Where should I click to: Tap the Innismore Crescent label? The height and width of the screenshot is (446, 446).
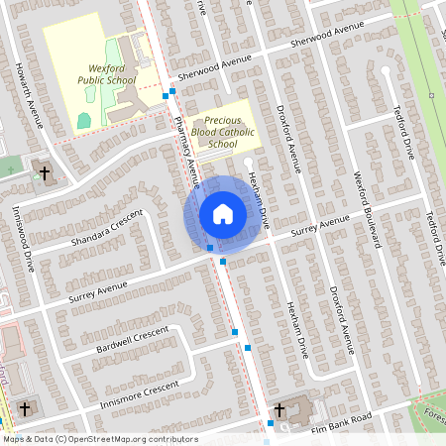(x=136, y=395)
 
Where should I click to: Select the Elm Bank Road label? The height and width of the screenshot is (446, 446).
(x=340, y=420)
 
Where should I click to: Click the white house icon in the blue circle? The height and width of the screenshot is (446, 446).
(x=223, y=213)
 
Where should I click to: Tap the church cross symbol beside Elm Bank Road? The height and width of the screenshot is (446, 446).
(x=279, y=409)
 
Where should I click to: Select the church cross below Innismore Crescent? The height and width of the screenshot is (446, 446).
(x=25, y=409)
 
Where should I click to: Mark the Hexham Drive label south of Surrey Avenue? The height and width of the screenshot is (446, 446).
(x=296, y=328)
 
